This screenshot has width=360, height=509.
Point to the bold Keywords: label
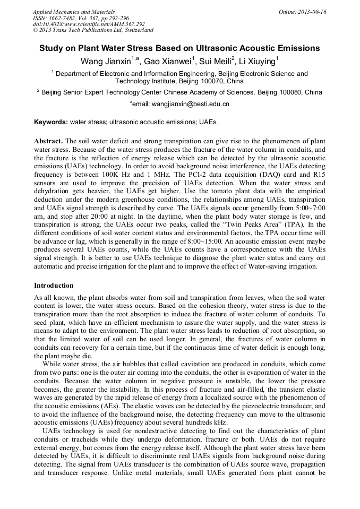point(51,122)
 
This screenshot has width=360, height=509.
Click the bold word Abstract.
point(48,142)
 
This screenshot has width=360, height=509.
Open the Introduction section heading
point(54,285)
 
